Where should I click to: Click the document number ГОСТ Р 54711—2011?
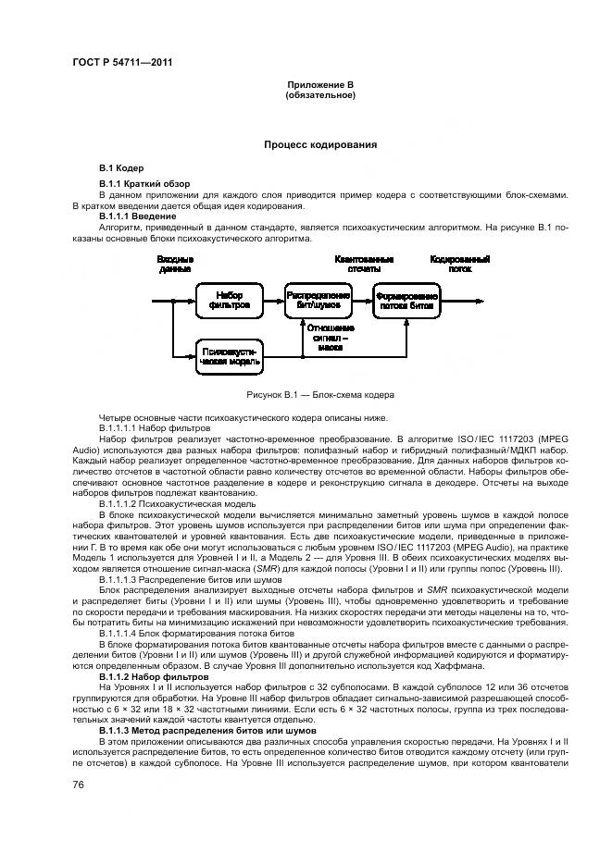click(x=122, y=62)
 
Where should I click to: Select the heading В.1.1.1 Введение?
click(x=138, y=216)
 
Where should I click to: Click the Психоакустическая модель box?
click(x=230, y=357)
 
